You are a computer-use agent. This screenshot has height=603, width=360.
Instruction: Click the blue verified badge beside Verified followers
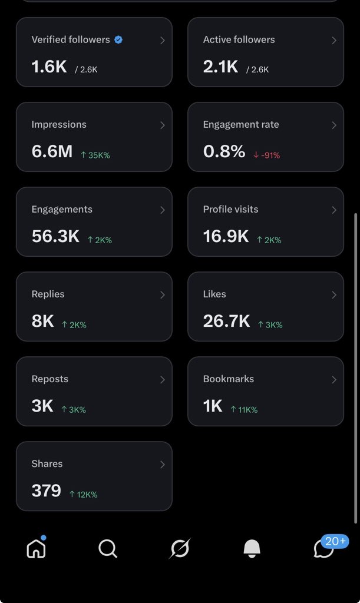[x=118, y=39]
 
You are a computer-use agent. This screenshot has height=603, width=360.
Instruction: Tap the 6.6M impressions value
[x=52, y=151]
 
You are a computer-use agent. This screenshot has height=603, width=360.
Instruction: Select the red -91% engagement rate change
[x=266, y=155]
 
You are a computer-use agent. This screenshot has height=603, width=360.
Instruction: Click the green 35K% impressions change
[x=95, y=155]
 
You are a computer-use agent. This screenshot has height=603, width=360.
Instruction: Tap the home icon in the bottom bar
[x=36, y=548]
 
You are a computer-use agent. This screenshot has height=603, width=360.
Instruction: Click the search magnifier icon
[x=108, y=548]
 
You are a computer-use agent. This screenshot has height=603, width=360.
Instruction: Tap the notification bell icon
[x=252, y=548]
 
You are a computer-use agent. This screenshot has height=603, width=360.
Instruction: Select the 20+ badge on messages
[x=335, y=542]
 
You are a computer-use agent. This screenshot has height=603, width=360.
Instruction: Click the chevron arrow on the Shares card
[x=162, y=464]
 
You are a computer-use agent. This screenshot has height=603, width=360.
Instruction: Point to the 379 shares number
[x=46, y=491]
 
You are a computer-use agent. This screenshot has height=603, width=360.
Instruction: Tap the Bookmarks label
[x=229, y=379]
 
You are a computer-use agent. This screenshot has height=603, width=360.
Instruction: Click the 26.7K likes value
[x=226, y=321]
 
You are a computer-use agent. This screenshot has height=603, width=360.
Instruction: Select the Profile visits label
[x=231, y=209]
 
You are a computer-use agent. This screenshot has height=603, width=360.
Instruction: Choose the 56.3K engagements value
[x=55, y=236]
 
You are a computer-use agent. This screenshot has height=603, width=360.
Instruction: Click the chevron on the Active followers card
[x=334, y=40]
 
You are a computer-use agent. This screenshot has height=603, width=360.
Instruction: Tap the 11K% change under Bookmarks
[x=244, y=410]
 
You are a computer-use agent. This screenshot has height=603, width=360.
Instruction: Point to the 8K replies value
[x=42, y=321]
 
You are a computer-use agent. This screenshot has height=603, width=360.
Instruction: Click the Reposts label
[x=50, y=379]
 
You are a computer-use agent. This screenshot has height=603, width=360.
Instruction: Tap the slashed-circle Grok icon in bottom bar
[x=180, y=548]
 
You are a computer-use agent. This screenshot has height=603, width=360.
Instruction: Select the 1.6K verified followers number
[x=49, y=67]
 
